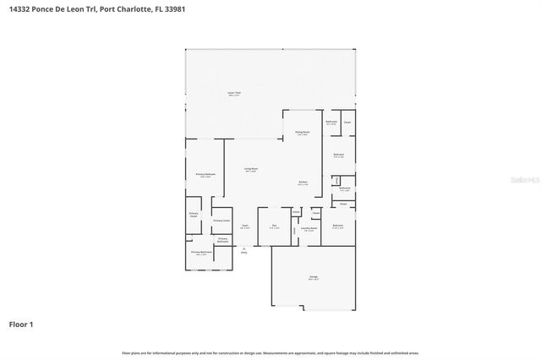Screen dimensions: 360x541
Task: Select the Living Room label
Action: click(252, 170)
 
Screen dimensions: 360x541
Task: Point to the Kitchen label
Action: click(302, 183)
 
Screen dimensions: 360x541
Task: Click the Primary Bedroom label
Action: click(205, 175)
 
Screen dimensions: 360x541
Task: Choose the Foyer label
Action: click(244, 226)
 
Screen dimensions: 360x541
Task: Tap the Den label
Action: click(274, 226)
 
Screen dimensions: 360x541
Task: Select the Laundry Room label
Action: click(309, 228)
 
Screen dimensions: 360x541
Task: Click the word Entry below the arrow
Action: click(244, 252)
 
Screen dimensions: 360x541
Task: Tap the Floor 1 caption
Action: click(21, 324)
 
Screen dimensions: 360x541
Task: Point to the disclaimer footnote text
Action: click(270, 352)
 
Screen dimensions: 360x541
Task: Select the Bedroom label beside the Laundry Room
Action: click(337, 226)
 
